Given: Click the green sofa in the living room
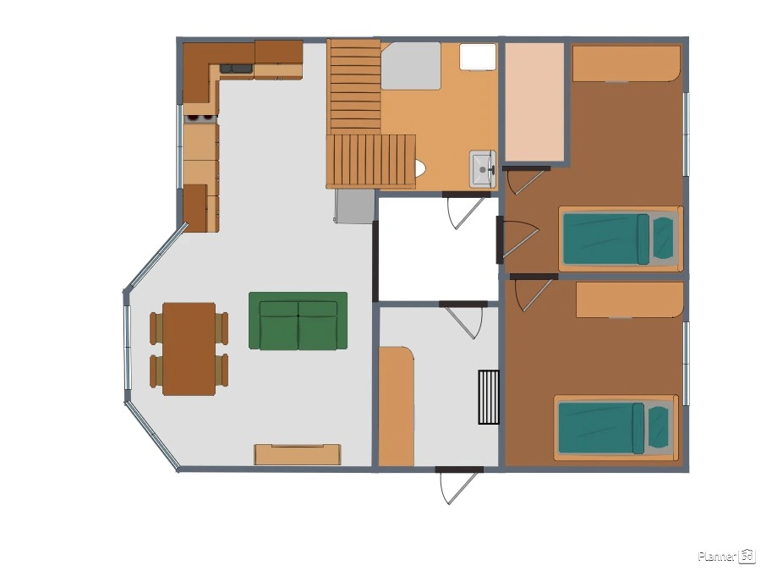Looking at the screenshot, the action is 298,321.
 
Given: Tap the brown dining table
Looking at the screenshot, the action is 189,349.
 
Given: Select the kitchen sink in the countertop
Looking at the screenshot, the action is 237,69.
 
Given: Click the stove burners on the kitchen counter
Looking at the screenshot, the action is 201,118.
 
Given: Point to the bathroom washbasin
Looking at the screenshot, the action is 483,168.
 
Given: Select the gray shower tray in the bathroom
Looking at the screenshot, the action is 411,66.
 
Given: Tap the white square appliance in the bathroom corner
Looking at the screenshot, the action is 478,57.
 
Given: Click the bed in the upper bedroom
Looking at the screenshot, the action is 621,239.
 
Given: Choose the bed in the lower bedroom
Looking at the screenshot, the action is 616,428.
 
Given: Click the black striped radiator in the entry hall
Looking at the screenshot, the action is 489,398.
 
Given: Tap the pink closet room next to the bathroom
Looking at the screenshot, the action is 535,102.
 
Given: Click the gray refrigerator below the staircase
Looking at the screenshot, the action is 354,206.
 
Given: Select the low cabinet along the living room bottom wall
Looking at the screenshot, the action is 298,454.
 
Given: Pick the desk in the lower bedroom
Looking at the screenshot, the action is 630,300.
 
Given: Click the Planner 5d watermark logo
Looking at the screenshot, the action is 726,556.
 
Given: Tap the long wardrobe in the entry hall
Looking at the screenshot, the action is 396,406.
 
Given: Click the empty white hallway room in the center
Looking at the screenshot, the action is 438,249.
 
